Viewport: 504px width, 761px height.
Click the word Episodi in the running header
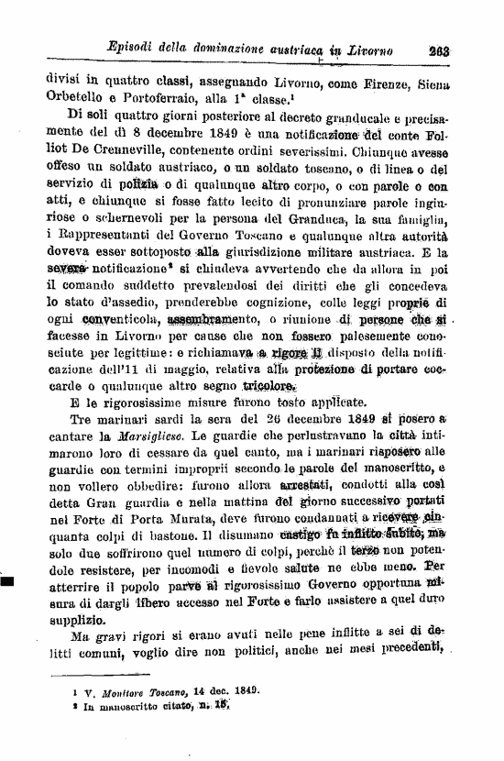(x=135, y=49)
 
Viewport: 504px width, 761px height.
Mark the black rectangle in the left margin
(x=7, y=580)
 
